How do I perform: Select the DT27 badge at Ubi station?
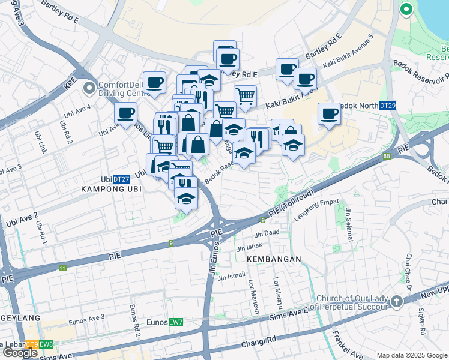(122, 179)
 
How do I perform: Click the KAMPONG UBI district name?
(106, 188)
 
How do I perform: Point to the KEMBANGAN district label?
(273, 259)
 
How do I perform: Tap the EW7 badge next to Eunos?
(175, 323)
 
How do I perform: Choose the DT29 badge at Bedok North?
(388, 106)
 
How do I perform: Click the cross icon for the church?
(396, 301)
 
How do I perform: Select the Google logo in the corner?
(20, 353)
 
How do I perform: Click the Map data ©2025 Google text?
(411, 355)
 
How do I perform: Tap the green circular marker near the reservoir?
(406, 9)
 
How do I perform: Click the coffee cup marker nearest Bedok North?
(328, 113)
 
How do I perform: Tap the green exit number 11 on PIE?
(63, 268)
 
